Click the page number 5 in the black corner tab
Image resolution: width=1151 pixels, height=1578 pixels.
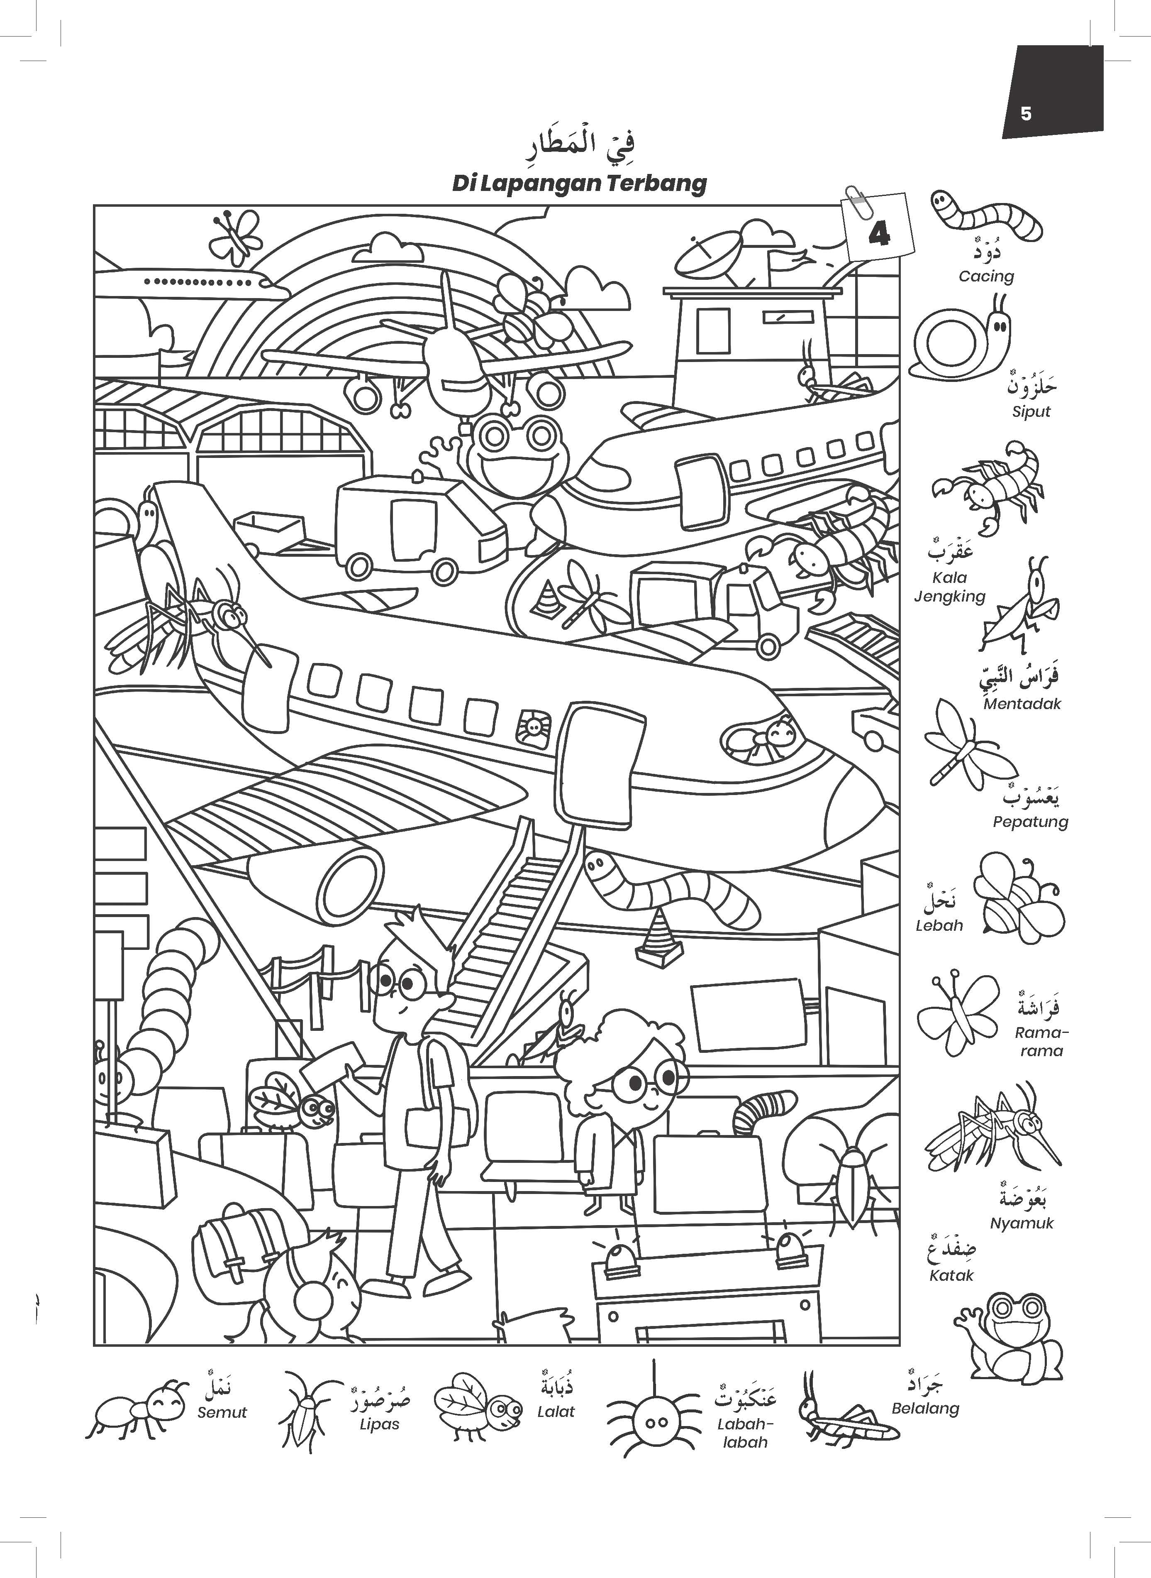(1026, 114)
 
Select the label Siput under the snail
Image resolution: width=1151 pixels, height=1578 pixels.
(1031, 411)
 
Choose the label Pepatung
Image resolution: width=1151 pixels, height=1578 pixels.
(1031, 822)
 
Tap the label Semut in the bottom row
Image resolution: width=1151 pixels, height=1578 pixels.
(222, 1412)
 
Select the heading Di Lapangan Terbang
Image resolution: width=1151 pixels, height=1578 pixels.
(579, 183)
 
